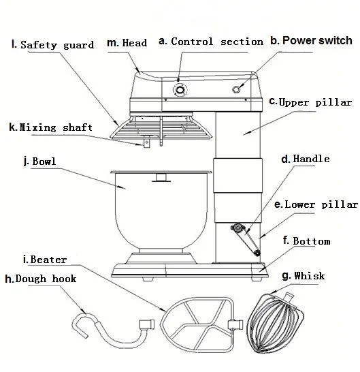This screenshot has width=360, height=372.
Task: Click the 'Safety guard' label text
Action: (x=57, y=45)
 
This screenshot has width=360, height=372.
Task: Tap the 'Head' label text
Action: (x=135, y=43)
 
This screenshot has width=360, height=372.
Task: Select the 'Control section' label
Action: (x=217, y=42)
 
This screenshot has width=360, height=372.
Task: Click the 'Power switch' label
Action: (x=317, y=40)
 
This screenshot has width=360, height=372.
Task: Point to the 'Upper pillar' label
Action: (x=315, y=102)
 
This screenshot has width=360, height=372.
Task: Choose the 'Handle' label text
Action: (x=311, y=159)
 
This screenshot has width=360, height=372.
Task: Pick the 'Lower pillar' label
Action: (x=321, y=204)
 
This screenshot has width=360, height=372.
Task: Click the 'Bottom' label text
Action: (x=312, y=241)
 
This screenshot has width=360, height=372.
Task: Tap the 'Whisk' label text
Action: (x=309, y=276)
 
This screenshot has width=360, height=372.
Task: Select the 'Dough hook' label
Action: (x=46, y=279)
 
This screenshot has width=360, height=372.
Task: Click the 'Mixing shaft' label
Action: (x=56, y=127)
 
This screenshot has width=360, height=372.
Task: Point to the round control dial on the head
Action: (x=180, y=90)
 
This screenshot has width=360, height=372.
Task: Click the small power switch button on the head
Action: (x=236, y=89)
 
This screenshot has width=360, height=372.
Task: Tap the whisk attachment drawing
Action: (x=276, y=323)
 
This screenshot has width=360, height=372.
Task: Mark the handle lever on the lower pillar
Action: (x=246, y=239)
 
